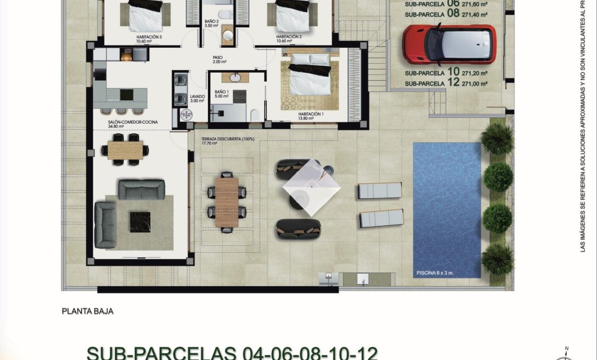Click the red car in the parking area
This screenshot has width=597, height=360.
pos(449,44)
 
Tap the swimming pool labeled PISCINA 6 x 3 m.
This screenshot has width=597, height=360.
pos(447,210)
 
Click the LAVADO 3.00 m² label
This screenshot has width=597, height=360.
pos(197,98)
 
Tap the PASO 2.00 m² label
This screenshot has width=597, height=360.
pos(218,59)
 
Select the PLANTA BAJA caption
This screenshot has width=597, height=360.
pos(88,312)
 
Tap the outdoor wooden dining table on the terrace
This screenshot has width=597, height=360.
pos(227,202)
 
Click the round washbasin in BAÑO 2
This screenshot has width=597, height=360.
pos(228,35)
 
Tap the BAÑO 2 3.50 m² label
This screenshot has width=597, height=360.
pos(212,23)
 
